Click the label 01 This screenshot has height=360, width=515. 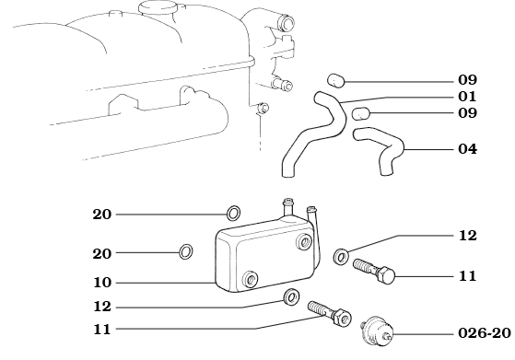pyautogui.click(x=466, y=97)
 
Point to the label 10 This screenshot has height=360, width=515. pyautogui.click(x=101, y=283)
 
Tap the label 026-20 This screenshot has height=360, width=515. pyautogui.click(x=483, y=333)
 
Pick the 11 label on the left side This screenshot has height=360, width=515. pyautogui.click(x=101, y=327)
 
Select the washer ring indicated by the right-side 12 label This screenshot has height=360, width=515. pyautogui.click(x=341, y=252)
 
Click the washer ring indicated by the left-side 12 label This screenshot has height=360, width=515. pyautogui.click(x=291, y=296)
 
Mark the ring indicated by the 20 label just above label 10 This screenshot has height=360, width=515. pyautogui.click(x=186, y=250)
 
